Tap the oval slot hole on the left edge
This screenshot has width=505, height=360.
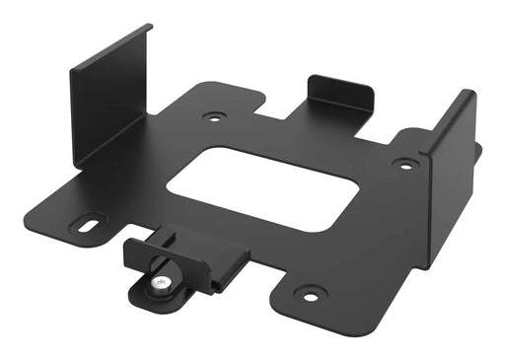click(x=92, y=225)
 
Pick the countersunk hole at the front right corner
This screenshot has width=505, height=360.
click(x=310, y=294)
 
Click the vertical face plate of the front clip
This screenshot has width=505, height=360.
click(x=148, y=255)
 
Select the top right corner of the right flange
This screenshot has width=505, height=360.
click(x=472, y=93)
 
